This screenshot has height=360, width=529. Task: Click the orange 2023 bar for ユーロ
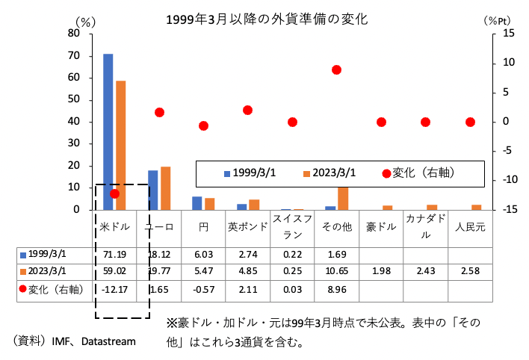(165, 187)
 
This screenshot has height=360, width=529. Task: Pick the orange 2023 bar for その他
(343, 198)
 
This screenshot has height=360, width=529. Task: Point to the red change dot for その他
(336, 69)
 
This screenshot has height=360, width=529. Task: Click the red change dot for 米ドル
(114, 193)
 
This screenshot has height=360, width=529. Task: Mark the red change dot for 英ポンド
(247, 110)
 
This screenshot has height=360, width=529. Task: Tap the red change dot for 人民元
(470, 122)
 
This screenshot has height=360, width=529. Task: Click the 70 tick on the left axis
(73, 55)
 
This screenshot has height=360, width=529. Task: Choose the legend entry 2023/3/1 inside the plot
(334, 173)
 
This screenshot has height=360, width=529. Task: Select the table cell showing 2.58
(470, 270)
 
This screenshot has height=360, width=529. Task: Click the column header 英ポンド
(247, 226)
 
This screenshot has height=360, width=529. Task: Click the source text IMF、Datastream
(94, 341)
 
